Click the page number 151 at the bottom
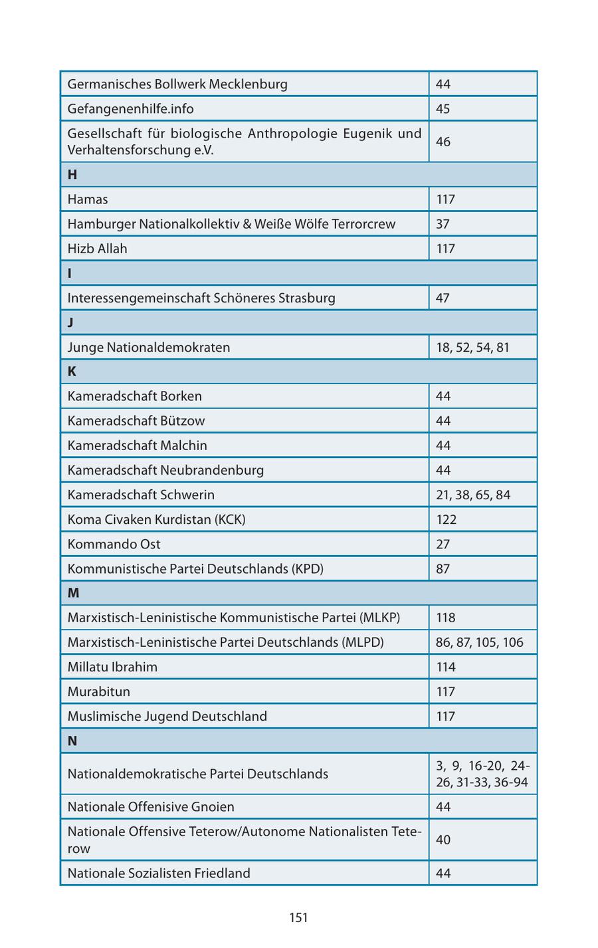point(298,918)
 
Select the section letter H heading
point(72,175)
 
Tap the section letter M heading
point(73,593)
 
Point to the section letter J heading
point(70,322)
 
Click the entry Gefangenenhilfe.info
point(131,109)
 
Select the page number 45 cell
point(443,109)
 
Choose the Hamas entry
point(88,199)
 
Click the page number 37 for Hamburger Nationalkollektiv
point(443,224)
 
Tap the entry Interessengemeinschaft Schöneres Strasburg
point(201,298)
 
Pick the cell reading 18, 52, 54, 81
point(472,347)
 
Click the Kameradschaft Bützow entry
point(136,421)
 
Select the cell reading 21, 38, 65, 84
point(473,495)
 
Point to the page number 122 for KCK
point(447,519)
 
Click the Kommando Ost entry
point(114,544)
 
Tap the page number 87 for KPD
point(443,568)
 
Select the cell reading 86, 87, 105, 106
point(480,642)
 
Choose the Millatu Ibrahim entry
point(112,667)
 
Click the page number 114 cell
point(446,667)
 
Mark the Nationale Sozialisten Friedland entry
point(159,873)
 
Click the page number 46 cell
point(443,142)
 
